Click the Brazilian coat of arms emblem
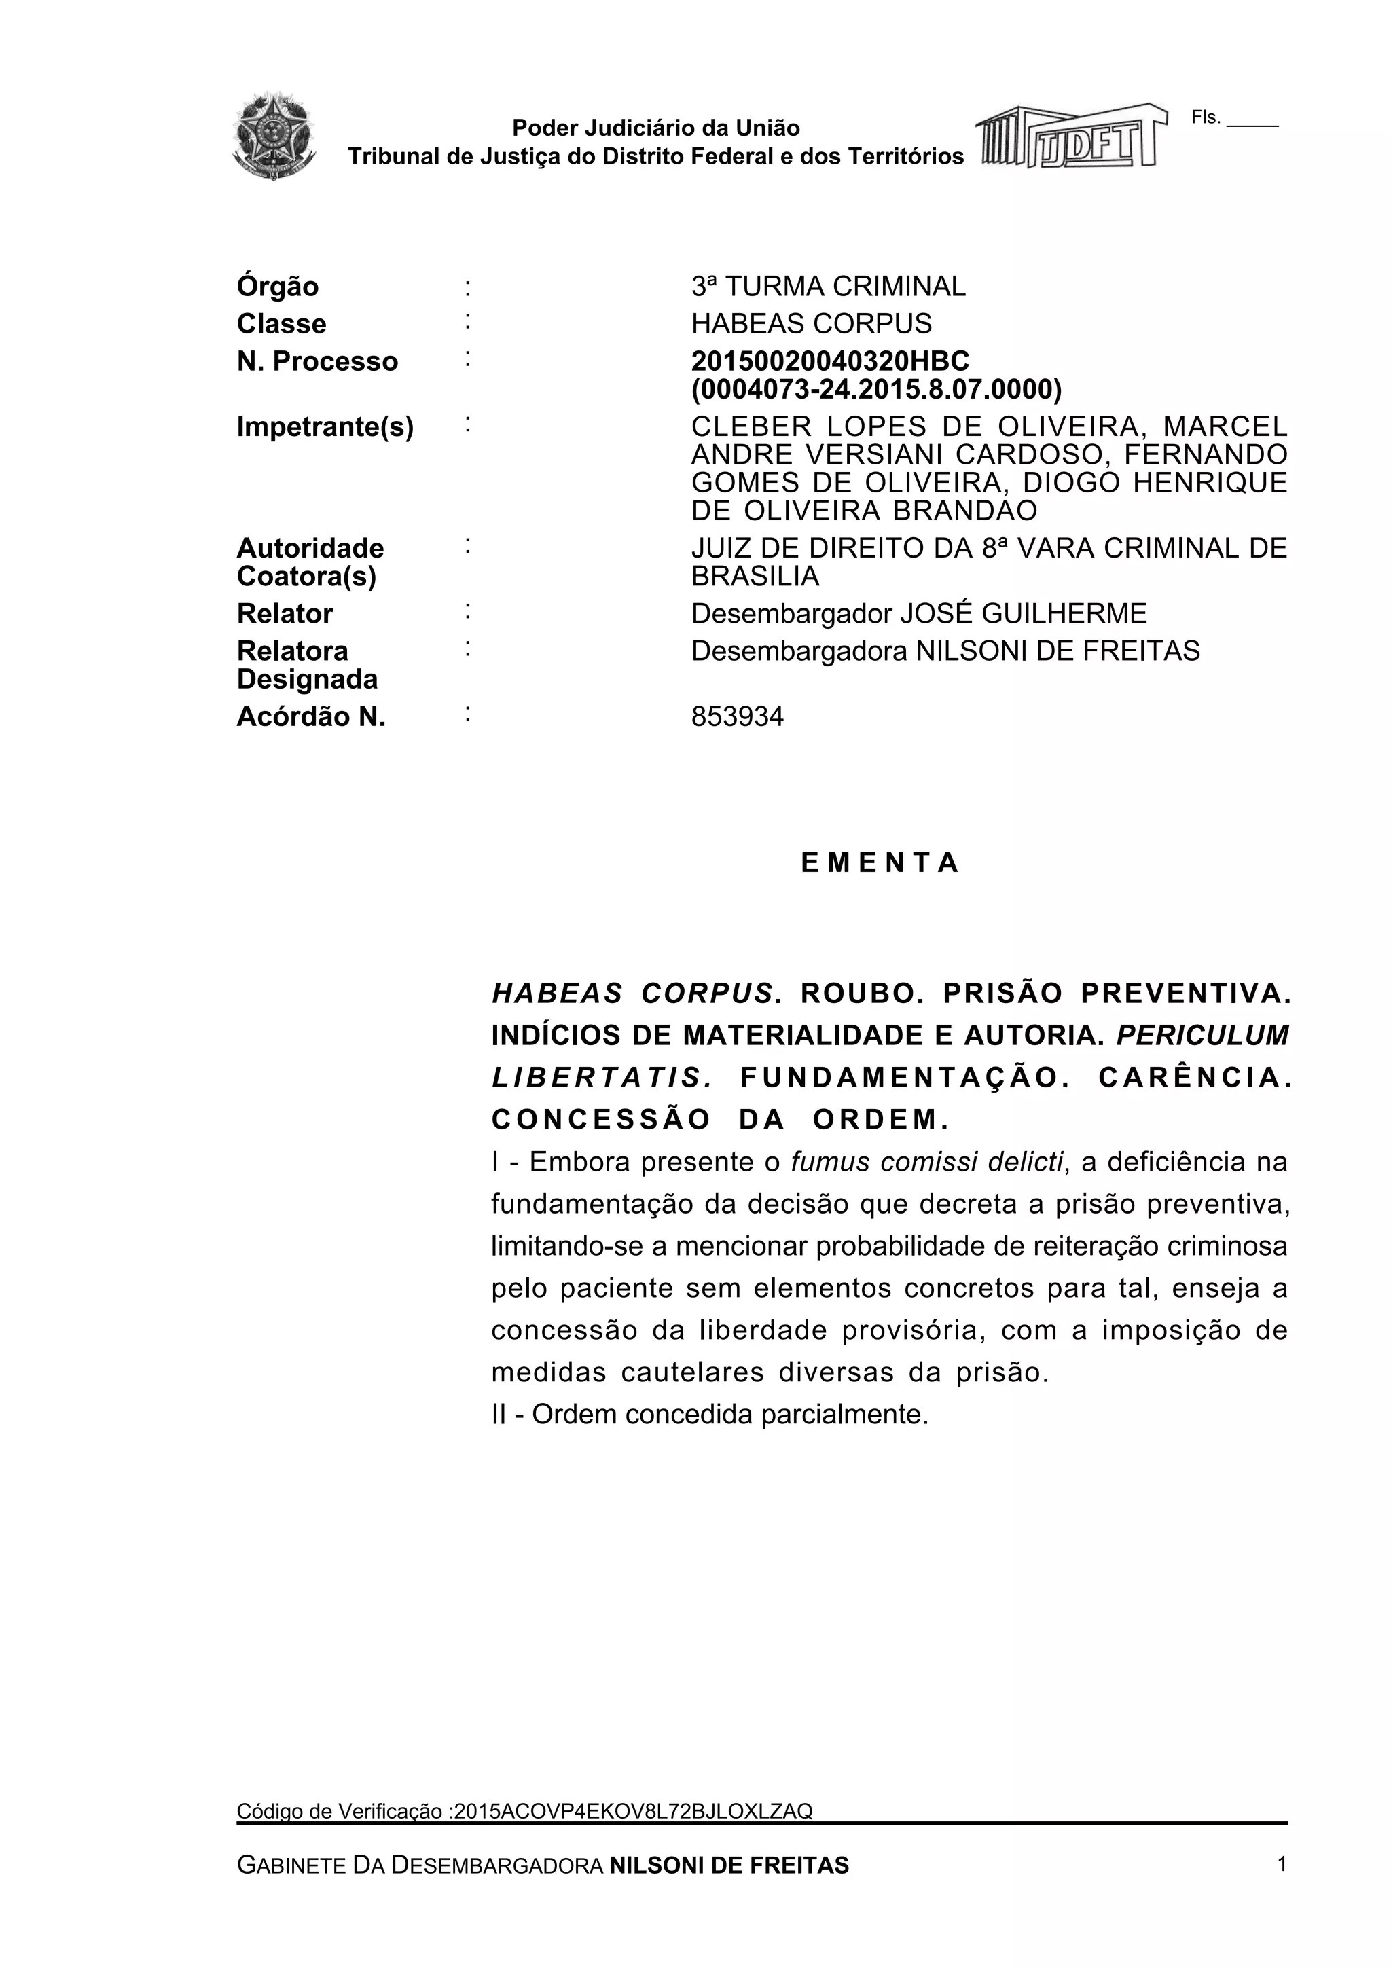click(x=274, y=137)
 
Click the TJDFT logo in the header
click(x=1071, y=137)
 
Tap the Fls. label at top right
click(x=1205, y=117)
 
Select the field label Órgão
click(x=278, y=287)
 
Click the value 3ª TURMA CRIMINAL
click(x=828, y=287)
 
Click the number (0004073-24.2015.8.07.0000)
click(x=876, y=389)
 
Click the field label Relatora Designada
click(x=307, y=664)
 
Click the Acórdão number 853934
click(x=737, y=716)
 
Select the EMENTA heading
click(x=880, y=863)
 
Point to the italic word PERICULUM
click(x=1202, y=1036)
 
